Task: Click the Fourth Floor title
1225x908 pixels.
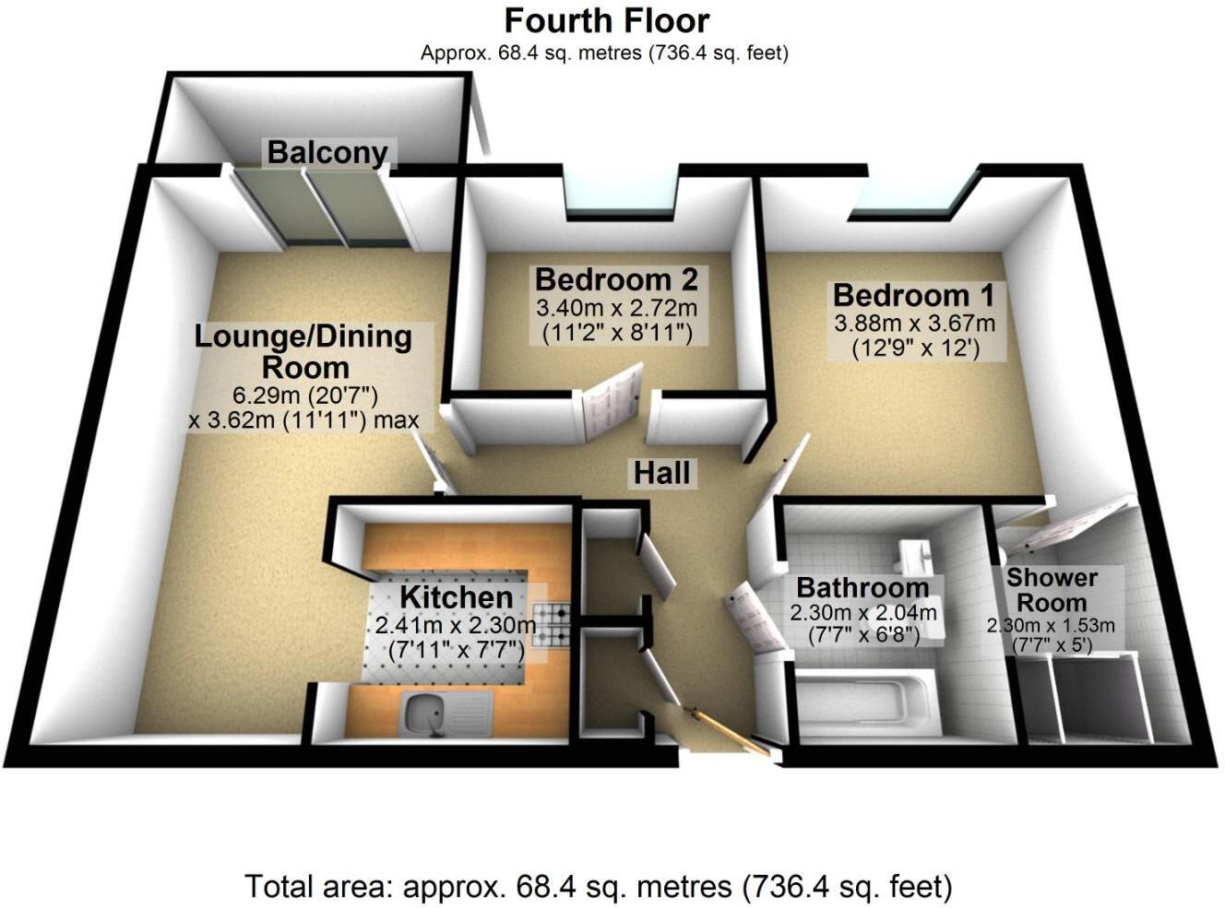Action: pos(607,20)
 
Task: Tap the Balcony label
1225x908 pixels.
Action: pos(327,152)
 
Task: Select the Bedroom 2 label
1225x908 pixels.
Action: pos(616,278)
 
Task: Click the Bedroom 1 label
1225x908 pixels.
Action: pos(913,296)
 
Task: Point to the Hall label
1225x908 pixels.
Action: pos(661,473)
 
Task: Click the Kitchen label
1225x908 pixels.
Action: pos(455,597)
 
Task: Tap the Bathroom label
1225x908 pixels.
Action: pos(862,587)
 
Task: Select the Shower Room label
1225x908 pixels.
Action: pos(1052,590)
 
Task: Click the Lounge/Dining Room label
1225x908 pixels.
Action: pos(303,351)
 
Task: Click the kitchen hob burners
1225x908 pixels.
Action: pos(555,624)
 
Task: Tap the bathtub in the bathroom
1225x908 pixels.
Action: pos(862,704)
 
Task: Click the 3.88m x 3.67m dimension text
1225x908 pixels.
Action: pos(914,324)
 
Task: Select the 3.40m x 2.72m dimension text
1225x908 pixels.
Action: pos(616,307)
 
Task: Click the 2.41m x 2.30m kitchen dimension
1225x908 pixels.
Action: pos(455,626)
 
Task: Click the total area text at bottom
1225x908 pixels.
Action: pos(598,887)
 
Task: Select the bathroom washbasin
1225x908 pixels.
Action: pos(915,556)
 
